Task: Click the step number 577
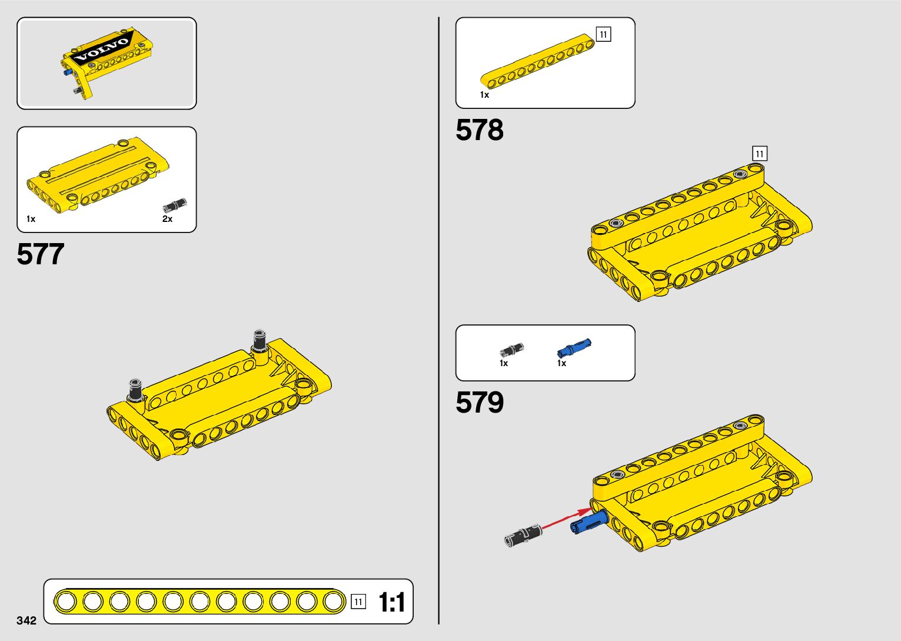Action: (x=41, y=254)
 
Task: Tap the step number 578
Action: (x=479, y=130)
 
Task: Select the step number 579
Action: (x=479, y=403)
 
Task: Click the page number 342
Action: (x=26, y=620)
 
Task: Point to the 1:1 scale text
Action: (x=391, y=603)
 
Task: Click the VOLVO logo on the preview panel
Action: (x=102, y=51)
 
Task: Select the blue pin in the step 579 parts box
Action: (x=573, y=348)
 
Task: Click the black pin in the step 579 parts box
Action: (x=511, y=350)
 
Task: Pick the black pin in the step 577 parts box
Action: (x=174, y=205)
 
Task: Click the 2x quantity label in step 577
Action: (x=167, y=219)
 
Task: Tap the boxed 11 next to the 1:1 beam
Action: (x=358, y=602)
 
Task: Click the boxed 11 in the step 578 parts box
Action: (x=603, y=35)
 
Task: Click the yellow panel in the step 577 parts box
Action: (x=97, y=175)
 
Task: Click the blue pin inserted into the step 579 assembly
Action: (x=588, y=522)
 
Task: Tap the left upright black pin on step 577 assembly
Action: (x=136, y=388)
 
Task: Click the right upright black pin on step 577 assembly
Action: (x=260, y=340)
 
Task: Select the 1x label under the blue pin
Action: (x=561, y=363)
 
